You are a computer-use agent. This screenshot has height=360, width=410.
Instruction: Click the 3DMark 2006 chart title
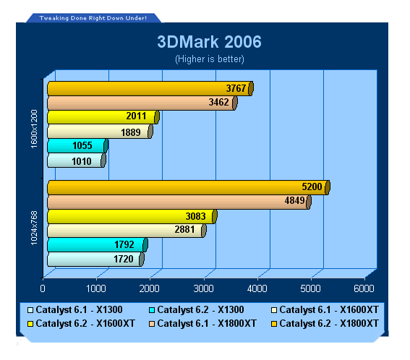coord(209,42)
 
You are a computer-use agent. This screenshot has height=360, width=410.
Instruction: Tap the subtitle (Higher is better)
coord(210,59)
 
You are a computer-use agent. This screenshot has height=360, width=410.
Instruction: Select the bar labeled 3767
coord(150,88)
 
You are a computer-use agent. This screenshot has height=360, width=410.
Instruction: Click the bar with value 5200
coord(189,187)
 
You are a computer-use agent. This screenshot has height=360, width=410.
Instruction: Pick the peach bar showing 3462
coord(142,103)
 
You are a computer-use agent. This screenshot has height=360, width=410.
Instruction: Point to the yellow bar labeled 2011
coord(103,117)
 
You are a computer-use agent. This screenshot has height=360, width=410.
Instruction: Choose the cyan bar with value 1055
coord(77,145)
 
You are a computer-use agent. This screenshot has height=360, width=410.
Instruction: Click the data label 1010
coord(82,161)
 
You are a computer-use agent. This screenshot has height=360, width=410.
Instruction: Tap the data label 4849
coord(294,200)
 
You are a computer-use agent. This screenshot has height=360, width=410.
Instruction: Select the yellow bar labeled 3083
coord(132,216)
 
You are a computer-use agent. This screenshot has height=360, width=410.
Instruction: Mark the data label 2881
coord(184,230)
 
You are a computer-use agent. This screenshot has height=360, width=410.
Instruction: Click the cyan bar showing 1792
coord(98,245)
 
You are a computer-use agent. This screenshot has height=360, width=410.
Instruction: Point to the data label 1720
coord(124,259)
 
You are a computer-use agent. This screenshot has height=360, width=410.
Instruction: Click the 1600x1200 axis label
coord(34,129)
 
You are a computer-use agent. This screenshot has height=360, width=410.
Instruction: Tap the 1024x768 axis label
coord(34,228)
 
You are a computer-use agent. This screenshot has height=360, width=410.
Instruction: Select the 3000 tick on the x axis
coord(203,288)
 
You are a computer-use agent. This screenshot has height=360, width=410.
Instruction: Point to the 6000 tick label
coord(364,288)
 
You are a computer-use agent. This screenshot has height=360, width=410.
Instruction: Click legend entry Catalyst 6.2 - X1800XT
coord(325,324)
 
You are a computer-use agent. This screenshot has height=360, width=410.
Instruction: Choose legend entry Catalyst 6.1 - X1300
coord(75,310)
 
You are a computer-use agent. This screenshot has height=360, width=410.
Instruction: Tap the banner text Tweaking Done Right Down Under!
coord(93,18)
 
